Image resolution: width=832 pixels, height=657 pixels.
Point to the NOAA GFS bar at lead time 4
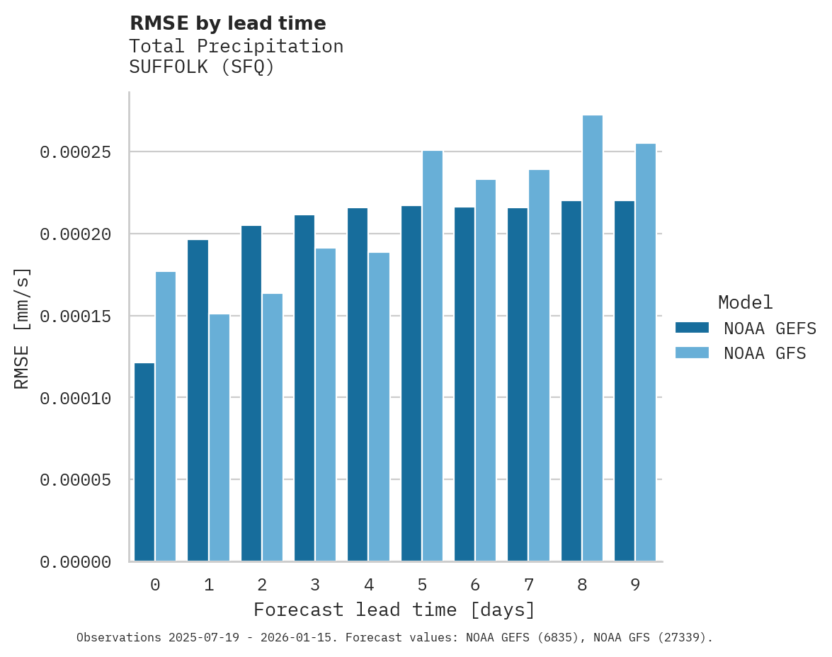[x=379, y=406]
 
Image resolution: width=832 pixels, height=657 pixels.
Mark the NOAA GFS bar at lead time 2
[x=273, y=428]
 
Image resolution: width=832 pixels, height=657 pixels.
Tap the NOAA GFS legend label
[x=765, y=353]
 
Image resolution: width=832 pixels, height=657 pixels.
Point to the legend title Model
[x=745, y=302]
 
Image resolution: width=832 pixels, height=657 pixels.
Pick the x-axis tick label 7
[x=528, y=585]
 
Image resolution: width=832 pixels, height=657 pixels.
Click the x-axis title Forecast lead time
[x=394, y=610]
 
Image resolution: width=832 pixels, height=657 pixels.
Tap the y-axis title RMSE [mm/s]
[x=22, y=327]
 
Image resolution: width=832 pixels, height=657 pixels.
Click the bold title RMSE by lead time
[x=227, y=23]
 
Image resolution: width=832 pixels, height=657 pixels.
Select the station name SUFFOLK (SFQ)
[x=201, y=68]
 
